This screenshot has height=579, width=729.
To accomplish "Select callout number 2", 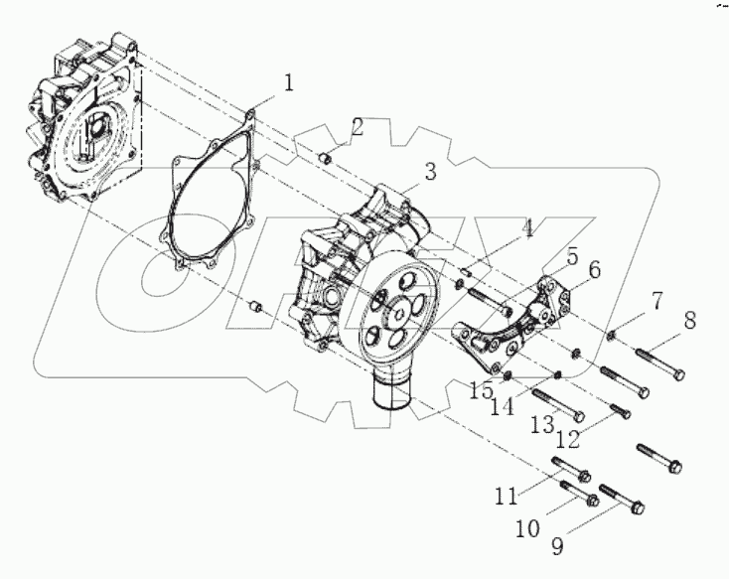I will pyautogui.click(x=357, y=127).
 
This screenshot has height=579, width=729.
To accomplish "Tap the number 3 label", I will pyautogui.click(x=429, y=172).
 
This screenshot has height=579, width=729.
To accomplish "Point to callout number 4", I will pyautogui.click(x=527, y=230).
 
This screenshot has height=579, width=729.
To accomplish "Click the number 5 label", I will pyautogui.click(x=573, y=256).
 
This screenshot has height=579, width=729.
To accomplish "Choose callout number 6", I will pyautogui.click(x=593, y=269).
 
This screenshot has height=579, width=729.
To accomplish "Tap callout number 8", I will pyautogui.click(x=689, y=321).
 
